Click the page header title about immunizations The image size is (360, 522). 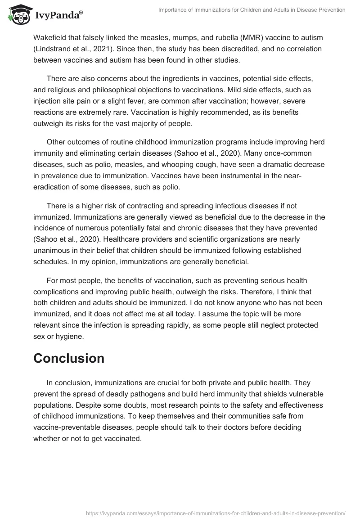252,10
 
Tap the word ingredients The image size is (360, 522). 182,78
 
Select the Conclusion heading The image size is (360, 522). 69,358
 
